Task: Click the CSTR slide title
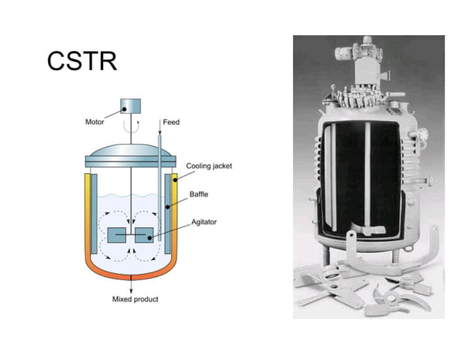[x=82, y=61]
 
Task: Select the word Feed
[x=171, y=123]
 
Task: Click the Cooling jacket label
[x=209, y=166]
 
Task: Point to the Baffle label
[x=199, y=194]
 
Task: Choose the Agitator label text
[x=202, y=221]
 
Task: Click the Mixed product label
[x=135, y=299]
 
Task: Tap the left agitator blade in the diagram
[x=118, y=235]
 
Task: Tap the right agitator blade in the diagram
[x=144, y=235]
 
